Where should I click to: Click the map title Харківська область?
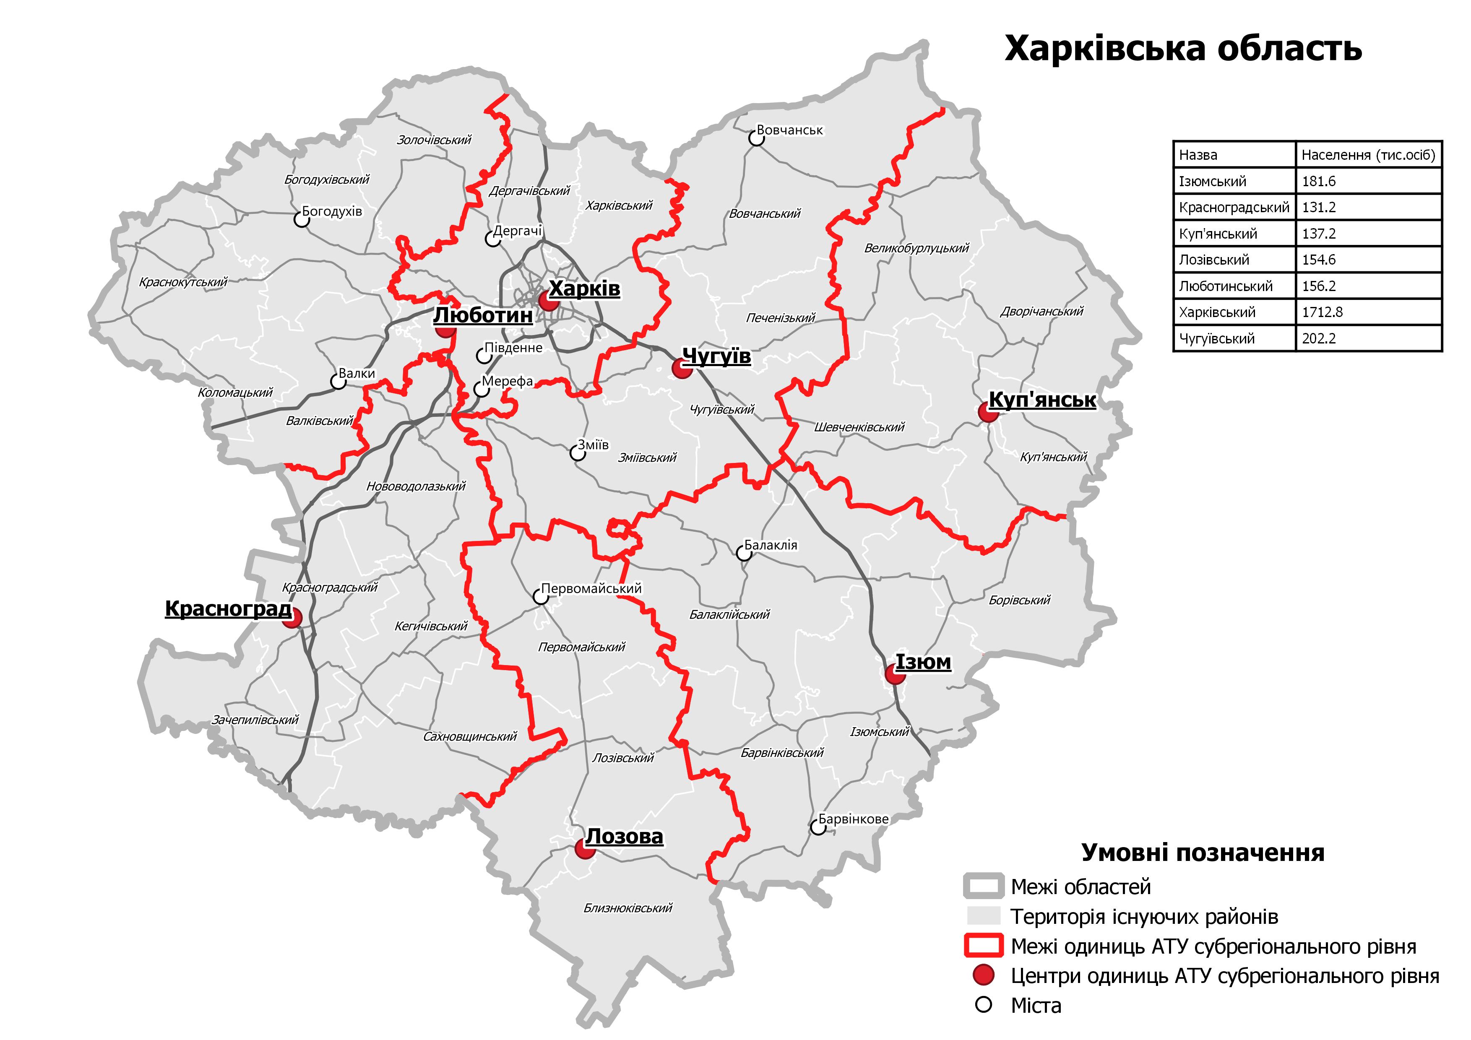coord(1183,49)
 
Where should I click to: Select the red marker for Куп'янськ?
coord(988,412)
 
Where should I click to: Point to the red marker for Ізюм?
coord(894,674)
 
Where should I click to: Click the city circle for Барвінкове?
coord(818,827)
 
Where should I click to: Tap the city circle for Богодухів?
coord(301,219)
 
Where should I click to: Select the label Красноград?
coord(228,608)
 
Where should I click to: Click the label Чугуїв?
coord(716,356)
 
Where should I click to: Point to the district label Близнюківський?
coord(628,907)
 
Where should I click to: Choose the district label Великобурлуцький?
coord(916,248)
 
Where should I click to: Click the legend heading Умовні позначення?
coord(1203,853)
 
